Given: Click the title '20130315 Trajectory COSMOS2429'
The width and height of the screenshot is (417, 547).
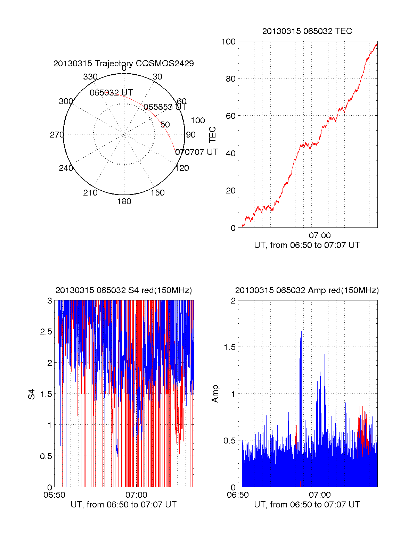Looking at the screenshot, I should coord(123,64).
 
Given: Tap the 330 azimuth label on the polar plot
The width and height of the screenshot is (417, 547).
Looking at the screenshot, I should coord(90,77).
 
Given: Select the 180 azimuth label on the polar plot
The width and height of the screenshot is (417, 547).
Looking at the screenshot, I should coord(124,201).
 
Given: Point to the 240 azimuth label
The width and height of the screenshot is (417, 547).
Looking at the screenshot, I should coord(66,168).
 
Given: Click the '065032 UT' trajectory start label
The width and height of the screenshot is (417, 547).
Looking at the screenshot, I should coord(111,93).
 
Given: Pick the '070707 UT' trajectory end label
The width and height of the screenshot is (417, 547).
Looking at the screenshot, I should coord(197,152).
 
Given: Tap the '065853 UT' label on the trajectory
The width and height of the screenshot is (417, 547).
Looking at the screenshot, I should coord(165,107).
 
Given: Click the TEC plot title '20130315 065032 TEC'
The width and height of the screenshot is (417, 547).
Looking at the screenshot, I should coord(307,31).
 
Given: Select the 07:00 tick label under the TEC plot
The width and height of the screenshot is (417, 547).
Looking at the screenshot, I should coord(320,236).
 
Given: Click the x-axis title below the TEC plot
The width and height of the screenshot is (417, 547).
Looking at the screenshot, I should coord(307,245).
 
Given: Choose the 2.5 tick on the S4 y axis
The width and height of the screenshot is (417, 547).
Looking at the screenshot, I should coord(46,332).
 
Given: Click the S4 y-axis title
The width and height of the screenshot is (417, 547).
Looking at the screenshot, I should coord(32,394).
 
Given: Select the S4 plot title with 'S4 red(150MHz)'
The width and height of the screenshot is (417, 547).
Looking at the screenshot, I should coord(123,290).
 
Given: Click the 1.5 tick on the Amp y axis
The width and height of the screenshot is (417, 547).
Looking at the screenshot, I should coord(230,347).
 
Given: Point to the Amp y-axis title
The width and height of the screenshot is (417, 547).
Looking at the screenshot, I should coord(215,394).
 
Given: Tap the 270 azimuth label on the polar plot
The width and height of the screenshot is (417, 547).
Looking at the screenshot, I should coord(57,135).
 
